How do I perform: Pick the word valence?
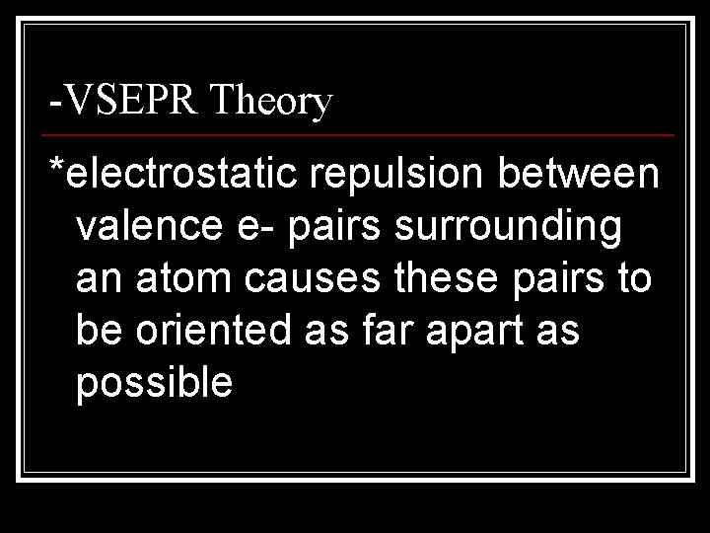pos(151,227)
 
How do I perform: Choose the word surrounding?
pos(508,229)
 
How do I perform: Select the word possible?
pos(154,383)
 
